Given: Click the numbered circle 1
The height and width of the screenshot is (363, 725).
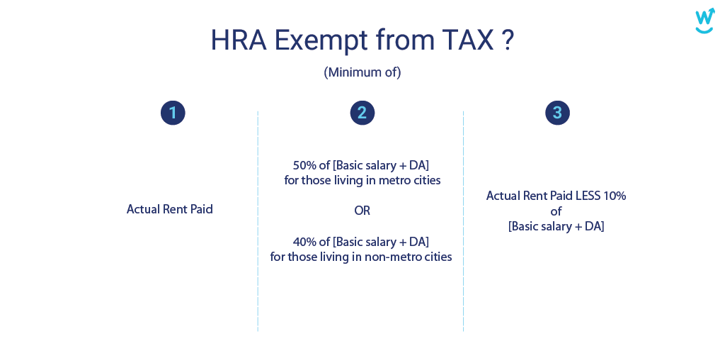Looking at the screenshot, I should (x=173, y=113).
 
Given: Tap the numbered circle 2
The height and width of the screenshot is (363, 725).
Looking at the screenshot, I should (x=362, y=113).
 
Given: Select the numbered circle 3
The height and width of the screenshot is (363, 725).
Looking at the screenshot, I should (x=557, y=113).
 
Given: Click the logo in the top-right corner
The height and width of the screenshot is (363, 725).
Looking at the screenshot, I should (x=704, y=21).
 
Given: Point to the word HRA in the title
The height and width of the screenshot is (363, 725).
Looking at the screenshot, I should (x=239, y=40).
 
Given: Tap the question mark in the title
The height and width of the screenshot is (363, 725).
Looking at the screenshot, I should (x=508, y=40).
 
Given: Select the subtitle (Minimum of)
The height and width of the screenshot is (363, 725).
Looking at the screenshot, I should (x=362, y=72).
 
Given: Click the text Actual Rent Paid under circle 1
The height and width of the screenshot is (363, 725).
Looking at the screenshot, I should (x=170, y=209).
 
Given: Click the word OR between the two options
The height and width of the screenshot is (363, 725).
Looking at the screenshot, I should (x=362, y=211).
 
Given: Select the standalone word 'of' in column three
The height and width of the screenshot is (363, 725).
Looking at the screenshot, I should (x=556, y=211).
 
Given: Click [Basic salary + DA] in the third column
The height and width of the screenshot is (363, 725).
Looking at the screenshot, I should (x=556, y=227).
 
